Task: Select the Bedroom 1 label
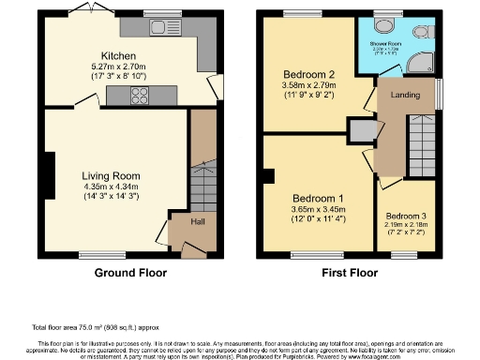point(319,199)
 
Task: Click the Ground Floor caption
point(130,273)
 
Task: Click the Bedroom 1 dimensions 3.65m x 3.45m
point(319,210)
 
